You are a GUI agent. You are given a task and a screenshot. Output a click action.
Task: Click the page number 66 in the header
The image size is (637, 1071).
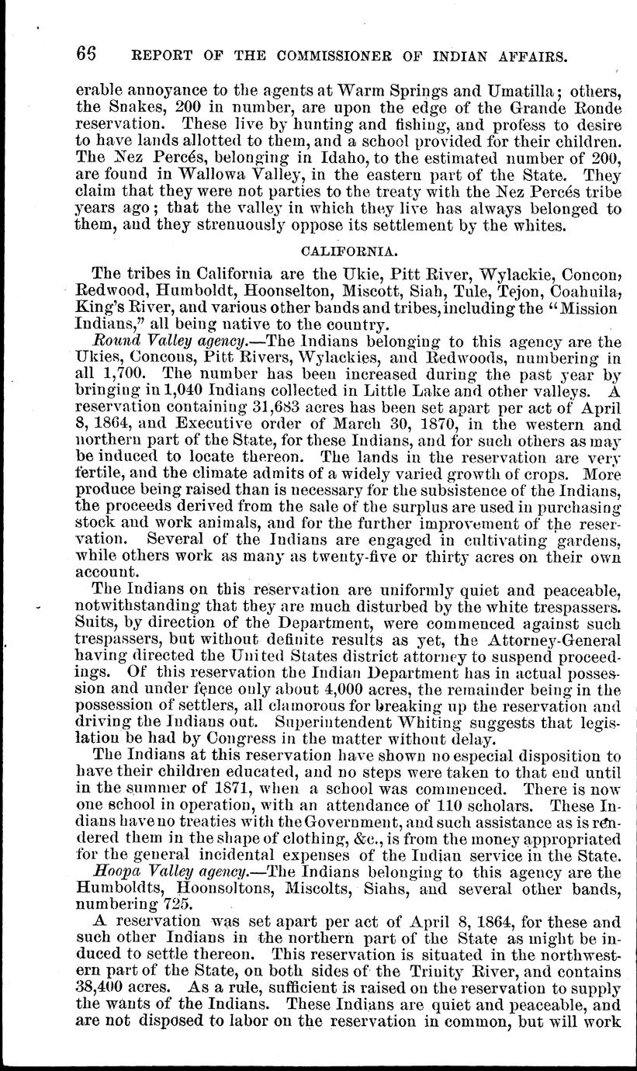point(86,55)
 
